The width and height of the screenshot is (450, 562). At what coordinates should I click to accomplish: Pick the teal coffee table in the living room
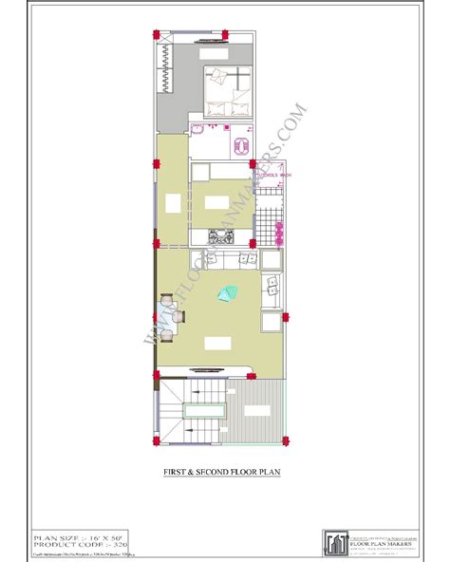(229, 295)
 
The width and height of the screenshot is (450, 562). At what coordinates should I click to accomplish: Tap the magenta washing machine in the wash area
(279, 230)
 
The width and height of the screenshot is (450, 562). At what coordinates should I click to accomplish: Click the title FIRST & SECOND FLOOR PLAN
(224, 472)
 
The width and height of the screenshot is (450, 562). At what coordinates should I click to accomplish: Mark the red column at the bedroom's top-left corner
(154, 36)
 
